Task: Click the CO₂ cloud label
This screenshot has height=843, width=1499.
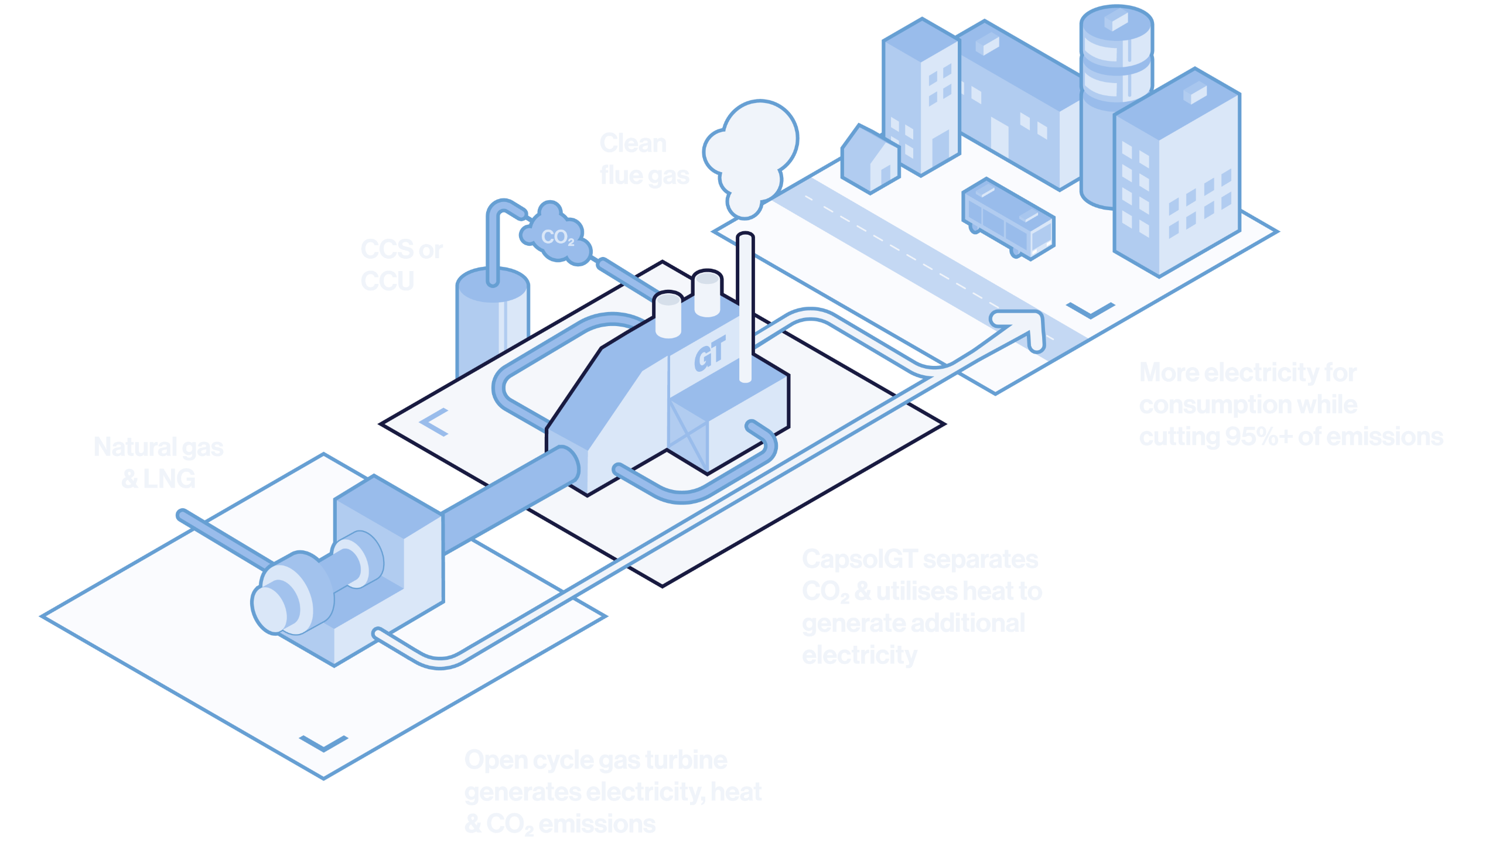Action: pyautogui.click(x=556, y=237)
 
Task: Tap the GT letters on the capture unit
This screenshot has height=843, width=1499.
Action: pyautogui.click(x=709, y=354)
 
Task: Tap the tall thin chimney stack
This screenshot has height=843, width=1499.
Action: pyautogui.click(x=745, y=304)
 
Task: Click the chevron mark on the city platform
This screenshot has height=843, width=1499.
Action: pyautogui.click(x=1090, y=310)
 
